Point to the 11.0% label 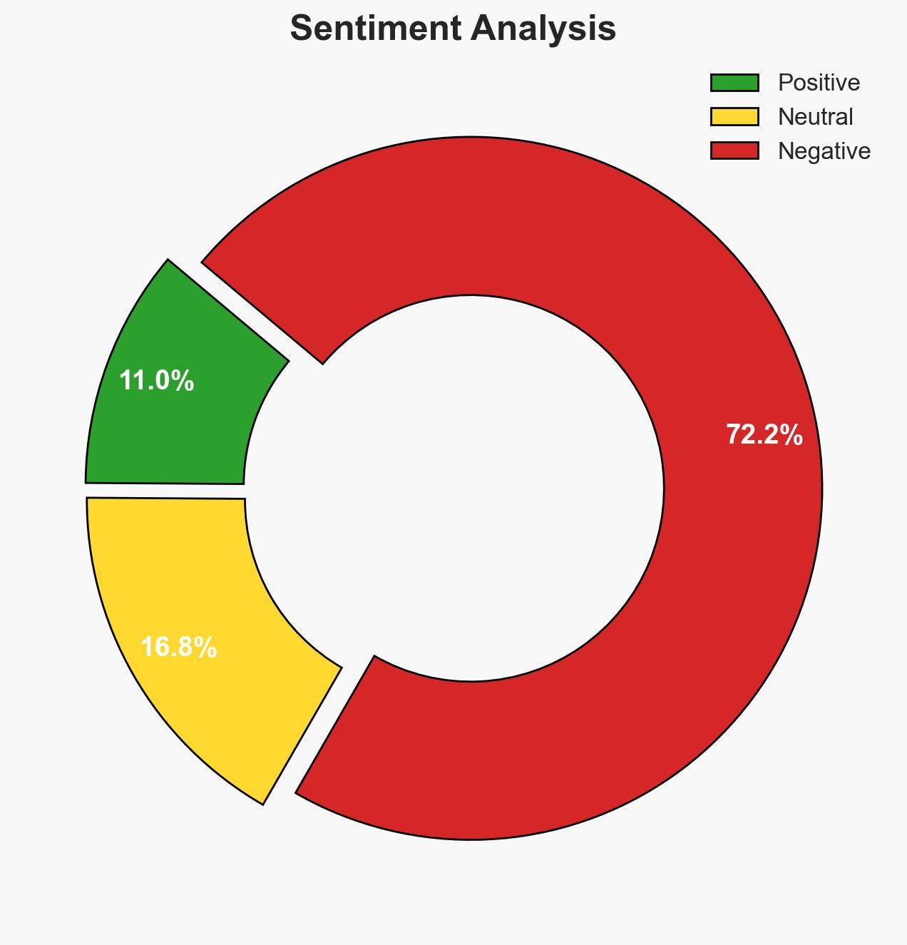(x=156, y=381)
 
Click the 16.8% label (x=178, y=648)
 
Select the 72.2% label (x=764, y=434)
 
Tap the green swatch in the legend (x=734, y=83)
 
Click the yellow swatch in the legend (x=734, y=116)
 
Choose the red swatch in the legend (x=734, y=150)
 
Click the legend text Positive (x=819, y=83)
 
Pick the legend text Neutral (x=815, y=116)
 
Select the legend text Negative (x=824, y=150)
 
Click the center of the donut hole (x=470, y=489)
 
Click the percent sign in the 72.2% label (x=791, y=434)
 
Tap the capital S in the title (x=302, y=29)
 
